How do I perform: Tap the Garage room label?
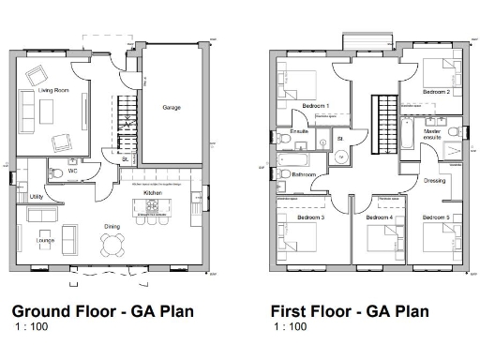pyautogui.click(x=172, y=108)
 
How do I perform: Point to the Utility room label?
pyautogui.click(x=37, y=197)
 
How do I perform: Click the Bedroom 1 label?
pyautogui.click(x=315, y=107)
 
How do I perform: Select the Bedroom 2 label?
pyautogui.click(x=436, y=93)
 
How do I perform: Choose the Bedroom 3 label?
pyautogui.click(x=310, y=217)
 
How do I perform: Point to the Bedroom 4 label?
pyautogui.click(x=379, y=217)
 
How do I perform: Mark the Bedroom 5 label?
pyautogui.click(x=436, y=217)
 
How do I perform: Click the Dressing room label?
pyautogui.click(x=434, y=180)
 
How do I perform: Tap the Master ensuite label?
pyautogui.click(x=433, y=135)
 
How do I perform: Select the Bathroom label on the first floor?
pyautogui.click(x=304, y=174)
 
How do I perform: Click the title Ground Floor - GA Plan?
pyautogui.click(x=102, y=311)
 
